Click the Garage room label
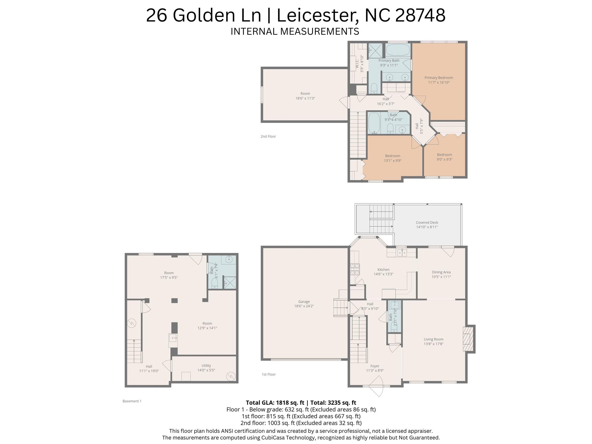[304, 301]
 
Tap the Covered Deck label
[427, 222]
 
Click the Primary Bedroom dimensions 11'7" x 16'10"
[439, 82]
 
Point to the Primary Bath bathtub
[398, 50]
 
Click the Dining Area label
[441, 272]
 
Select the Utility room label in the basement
[206, 365]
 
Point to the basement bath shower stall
[230, 283]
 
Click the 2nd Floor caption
[268, 136]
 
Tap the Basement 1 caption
[132, 401]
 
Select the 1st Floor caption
[269, 374]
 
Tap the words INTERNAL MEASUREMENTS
[295, 31]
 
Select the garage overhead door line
[306, 360]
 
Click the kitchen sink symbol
[402, 253]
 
